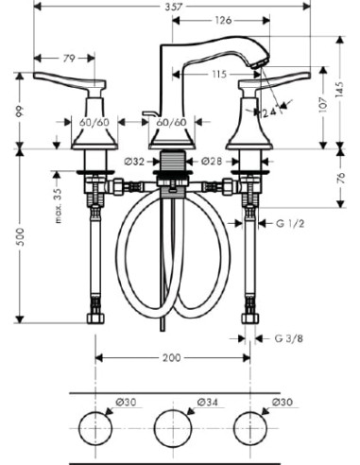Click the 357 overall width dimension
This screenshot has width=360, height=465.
click(x=173, y=7)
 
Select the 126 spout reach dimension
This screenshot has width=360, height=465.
click(x=223, y=21)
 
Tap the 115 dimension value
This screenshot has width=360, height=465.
click(x=219, y=75)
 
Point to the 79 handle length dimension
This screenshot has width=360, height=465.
click(x=70, y=59)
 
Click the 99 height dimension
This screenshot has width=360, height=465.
click(x=20, y=112)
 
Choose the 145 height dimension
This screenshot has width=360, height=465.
click(x=340, y=90)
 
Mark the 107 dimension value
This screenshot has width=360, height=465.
click(x=323, y=105)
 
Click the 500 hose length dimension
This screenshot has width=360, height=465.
click(x=20, y=237)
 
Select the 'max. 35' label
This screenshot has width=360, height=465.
click(x=58, y=206)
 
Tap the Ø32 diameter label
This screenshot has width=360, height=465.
click(x=134, y=162)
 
